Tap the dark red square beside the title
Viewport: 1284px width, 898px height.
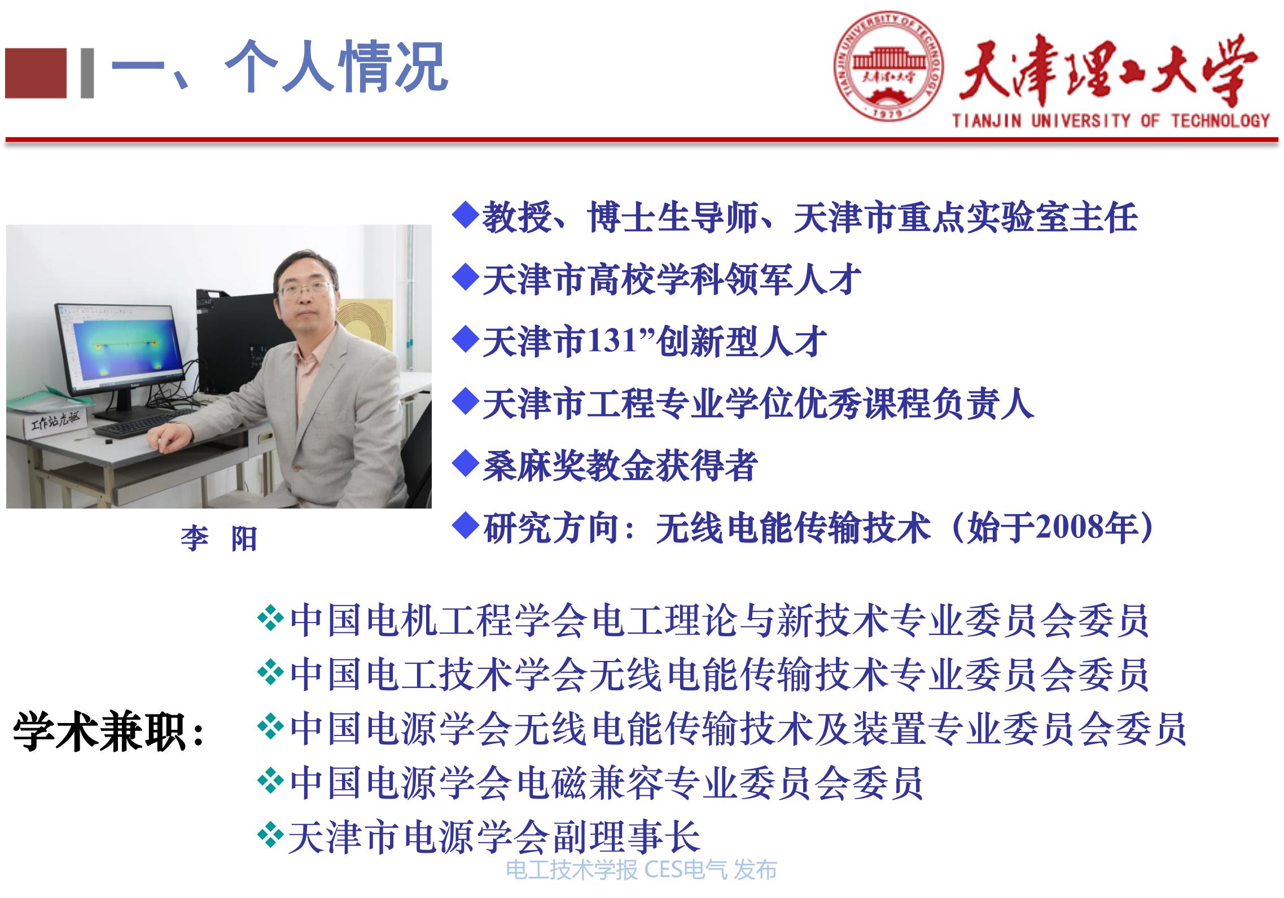click(x=36, y=73)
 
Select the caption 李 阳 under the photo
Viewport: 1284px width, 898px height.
click(x=218, y=538)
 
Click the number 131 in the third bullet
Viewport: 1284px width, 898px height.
click(x=613, y=341)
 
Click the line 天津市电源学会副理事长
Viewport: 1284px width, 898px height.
click(x=494, y=836)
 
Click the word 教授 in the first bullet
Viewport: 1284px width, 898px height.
click(x=516, y=217)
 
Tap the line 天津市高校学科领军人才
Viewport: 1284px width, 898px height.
click(x=672, y=279)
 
